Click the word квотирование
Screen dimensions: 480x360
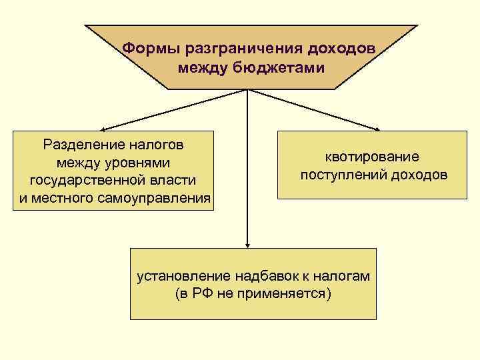click(371, 157)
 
